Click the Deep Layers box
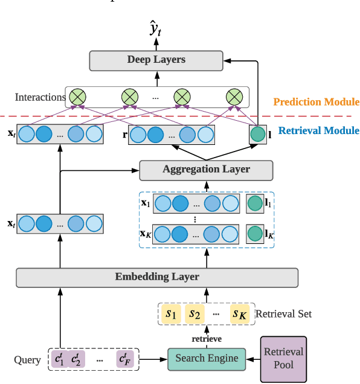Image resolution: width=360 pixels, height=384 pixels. [156, 60]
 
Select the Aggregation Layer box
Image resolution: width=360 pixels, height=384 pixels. [207, 170]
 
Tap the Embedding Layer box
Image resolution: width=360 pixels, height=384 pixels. [157, 277]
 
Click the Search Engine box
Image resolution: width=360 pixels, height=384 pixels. [207, 359]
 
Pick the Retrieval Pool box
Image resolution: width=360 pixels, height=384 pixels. [284, 359]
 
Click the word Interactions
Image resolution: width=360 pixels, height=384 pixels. [40, 97]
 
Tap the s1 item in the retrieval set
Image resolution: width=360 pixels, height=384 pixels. [173, 314]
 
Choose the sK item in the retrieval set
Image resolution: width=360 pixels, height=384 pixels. [240, 314]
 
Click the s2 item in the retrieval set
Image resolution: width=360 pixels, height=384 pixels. [194, 314]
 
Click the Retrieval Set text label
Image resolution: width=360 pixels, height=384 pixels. [283, 314]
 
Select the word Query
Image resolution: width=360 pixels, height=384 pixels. [27, 360]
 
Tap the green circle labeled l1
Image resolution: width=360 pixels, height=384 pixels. [255, 204]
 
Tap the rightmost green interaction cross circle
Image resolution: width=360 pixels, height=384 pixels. [234, 97]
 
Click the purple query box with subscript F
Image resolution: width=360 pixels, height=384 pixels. [126, 360]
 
